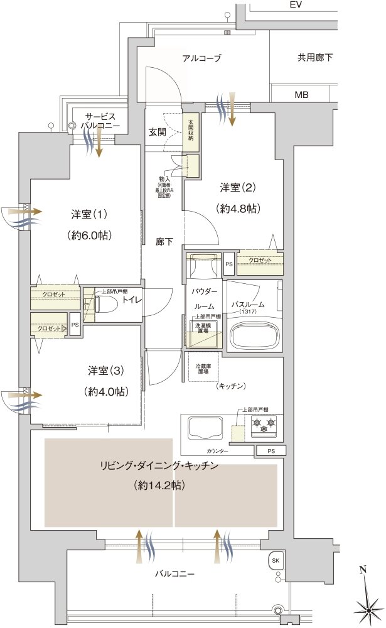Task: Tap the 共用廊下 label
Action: tap(315, 58)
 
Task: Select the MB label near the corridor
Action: tap(302, 95)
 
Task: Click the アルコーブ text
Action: tap(201, 58)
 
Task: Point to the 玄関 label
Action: tap(157, 132)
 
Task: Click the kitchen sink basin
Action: tap(204, 429)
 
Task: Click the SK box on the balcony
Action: tap(276, 560)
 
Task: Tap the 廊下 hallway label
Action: tap(164, 241)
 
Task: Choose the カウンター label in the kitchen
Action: tap(217, 451)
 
